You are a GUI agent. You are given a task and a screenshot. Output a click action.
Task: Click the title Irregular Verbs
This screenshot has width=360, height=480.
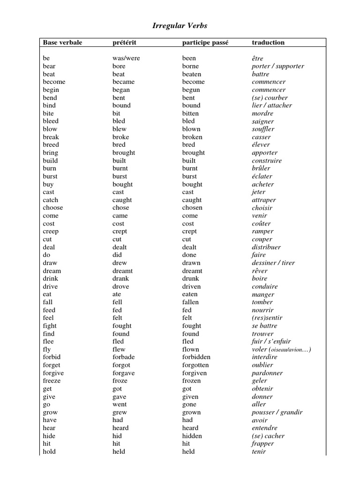180,26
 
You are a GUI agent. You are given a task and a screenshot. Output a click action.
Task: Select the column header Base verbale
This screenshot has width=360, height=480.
62,43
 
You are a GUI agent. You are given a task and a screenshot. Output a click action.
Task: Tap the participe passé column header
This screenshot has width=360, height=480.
205,43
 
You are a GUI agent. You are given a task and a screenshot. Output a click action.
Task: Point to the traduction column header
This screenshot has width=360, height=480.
268,43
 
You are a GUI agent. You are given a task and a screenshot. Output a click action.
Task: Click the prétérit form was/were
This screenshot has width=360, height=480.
126,58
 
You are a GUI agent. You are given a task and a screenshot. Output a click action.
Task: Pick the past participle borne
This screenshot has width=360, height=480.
191,66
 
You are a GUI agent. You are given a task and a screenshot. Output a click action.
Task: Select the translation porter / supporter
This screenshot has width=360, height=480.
278,66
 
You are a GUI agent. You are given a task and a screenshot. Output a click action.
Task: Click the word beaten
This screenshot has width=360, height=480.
192,74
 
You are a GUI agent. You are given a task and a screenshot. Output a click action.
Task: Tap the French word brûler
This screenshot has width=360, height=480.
261,168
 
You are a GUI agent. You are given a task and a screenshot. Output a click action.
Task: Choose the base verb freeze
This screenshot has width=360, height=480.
52,381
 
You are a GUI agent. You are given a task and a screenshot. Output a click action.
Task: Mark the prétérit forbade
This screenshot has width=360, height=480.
123,357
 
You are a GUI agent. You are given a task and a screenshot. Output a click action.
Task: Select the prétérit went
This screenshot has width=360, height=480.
120,404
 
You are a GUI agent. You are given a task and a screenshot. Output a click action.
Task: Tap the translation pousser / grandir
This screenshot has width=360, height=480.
277,412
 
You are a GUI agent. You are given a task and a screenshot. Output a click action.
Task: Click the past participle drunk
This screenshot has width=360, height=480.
190,278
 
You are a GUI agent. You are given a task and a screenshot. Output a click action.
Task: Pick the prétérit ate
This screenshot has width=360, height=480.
117,294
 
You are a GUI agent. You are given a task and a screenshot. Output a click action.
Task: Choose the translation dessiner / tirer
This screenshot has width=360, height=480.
273,263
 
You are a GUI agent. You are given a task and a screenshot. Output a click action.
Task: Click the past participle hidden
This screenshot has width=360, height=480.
192,435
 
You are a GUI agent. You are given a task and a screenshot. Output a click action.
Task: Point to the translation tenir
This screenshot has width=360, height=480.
259,451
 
